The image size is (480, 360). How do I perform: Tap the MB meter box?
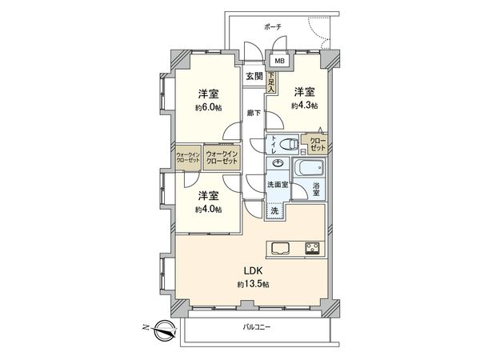point(279,61)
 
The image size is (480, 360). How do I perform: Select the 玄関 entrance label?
point(254,76)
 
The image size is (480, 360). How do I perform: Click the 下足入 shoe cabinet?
point(274,82)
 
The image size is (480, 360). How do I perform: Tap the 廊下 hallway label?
point(253,113)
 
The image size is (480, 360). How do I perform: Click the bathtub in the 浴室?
point(310,170)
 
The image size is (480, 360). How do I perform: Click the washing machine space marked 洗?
point(274,211)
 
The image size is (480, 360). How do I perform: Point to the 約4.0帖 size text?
point(207,210)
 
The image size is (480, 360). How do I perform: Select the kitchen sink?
point(282,247)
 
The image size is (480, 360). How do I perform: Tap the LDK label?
point(244,270)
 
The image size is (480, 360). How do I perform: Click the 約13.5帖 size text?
point(248,284)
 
